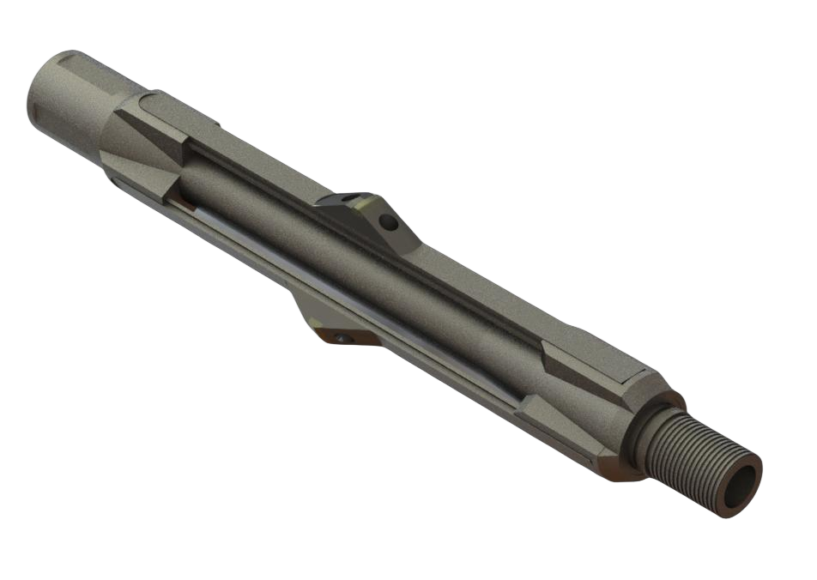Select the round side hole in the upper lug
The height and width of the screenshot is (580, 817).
click(x=390, y=223)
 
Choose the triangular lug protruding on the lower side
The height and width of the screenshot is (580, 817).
click(x=326, y=322)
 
